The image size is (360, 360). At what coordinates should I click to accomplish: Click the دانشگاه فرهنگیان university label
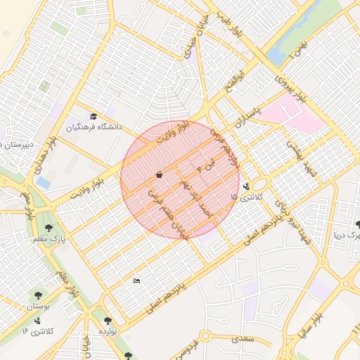(94, 127)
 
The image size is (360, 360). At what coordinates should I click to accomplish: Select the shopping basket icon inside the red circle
(160, 174)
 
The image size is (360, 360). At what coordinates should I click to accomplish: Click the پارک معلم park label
(48, 240)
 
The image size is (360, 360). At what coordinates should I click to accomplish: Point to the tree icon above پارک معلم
(48, 228)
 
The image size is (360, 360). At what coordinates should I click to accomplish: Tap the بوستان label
(39, 307)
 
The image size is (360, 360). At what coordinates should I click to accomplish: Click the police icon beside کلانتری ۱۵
(246, 187)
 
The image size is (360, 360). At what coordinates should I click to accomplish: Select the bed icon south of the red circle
(137, 281)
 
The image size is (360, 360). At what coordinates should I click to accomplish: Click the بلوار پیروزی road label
(290, 87)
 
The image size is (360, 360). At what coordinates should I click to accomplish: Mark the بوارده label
(107, 330)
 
